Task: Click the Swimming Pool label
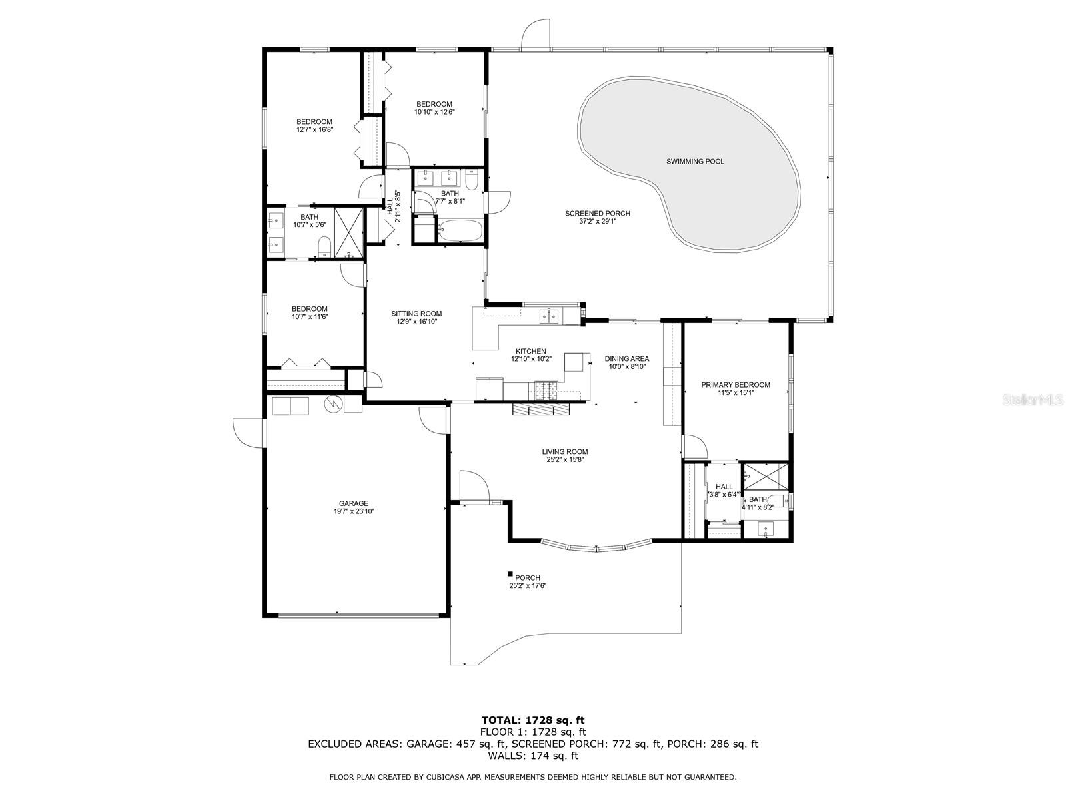tap(695, 162)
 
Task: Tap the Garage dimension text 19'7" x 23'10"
tap(353, 511)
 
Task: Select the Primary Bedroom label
tap(736, 384)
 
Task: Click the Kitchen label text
tap(531, 351)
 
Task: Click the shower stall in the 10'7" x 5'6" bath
tap(348, 232)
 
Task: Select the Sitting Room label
tap(416, 314)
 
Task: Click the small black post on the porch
tap(510, 574)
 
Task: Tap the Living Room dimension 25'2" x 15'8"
tap(564, 459)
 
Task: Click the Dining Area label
tap(626, 358)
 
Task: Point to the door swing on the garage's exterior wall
tap(248, 433)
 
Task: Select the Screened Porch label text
tap(597, 214)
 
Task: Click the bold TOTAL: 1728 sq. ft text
tap(533, 720)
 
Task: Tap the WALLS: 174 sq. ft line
tap(533, 756)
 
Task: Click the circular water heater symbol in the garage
tap(332, 403)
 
